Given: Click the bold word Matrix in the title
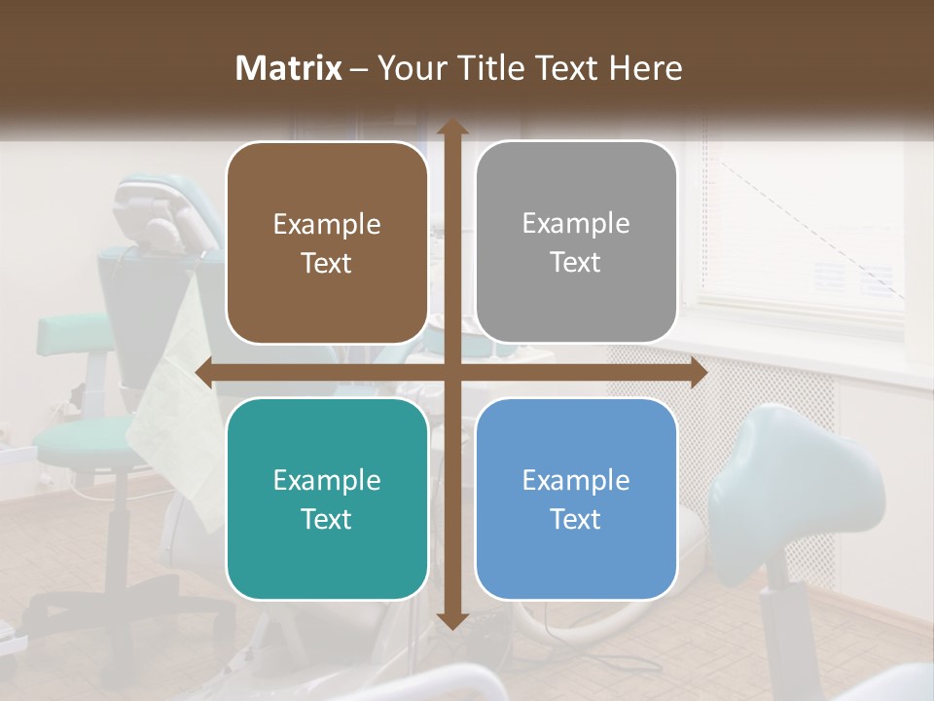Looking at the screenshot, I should [289, 68].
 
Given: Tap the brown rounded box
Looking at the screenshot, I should [327, 243].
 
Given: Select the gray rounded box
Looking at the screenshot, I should [576, 242].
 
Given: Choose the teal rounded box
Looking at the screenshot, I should [327, 498].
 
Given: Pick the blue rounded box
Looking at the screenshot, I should [576, 498].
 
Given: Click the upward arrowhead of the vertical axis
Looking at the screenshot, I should [451, 128].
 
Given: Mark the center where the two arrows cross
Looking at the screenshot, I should [451, 373].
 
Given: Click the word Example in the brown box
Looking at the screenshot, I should [327, 224].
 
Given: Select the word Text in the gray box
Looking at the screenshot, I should [576, 263].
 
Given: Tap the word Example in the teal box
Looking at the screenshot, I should [327, 480].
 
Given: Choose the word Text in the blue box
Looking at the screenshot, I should [576, 519].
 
